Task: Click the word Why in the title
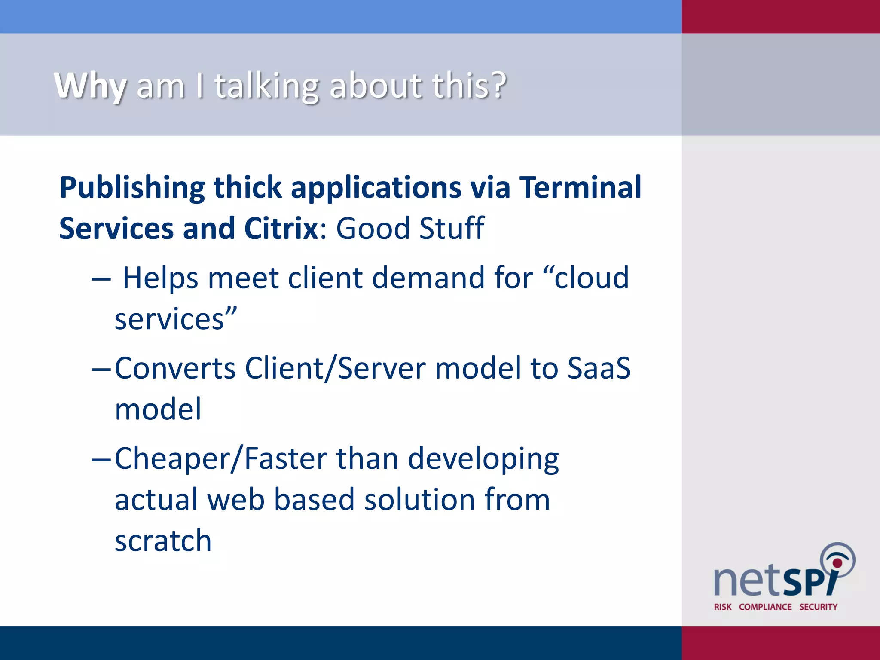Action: (90, 86)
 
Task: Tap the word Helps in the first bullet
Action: (160, 278)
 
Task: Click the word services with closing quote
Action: (176, 318)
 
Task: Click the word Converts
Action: (175, 368)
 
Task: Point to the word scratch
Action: (163, 540)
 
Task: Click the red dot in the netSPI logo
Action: (837, 562)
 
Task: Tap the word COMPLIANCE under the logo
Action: (765, 607)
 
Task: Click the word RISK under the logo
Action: (722, 607)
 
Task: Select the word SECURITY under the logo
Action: (818, 607)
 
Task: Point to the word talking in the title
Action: (266, 86)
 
